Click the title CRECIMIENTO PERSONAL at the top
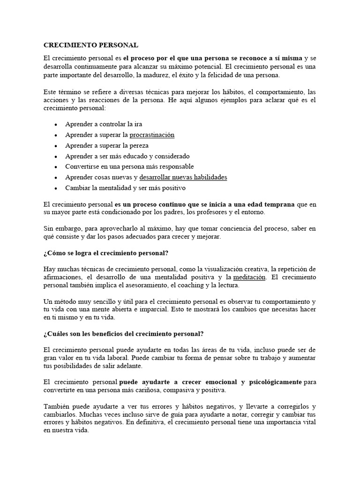pyautogui.click(x=90, y=45)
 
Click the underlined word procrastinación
pyautogui.click(x=152, y=135)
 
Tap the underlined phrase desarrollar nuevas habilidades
pyautogui.click(x=183, y=178)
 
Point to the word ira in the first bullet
pyautogui.click(x=137, y=124)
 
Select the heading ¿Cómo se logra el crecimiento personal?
pyautogui.click(x=105, y=253)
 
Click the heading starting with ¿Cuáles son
pyautogui.click(x=123, y=334)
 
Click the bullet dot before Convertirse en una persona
pyautogui.click(x=56, y=167)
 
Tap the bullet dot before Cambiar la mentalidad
pyautogui.click(x=56, y=188)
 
